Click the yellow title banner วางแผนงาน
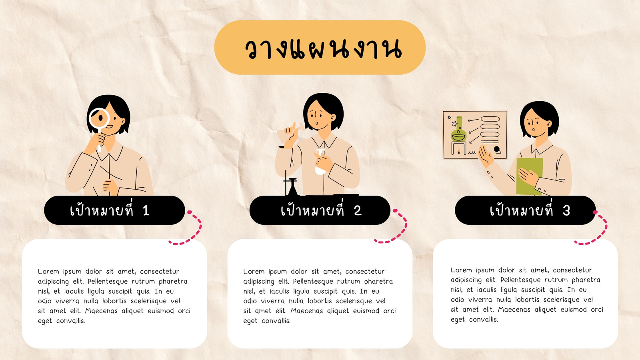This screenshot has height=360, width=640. tap(320, 48)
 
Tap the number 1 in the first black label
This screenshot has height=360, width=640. tap(146, 211)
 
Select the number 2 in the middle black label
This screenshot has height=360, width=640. tap(358, 211)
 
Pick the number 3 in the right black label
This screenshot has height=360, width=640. tap(566, 211)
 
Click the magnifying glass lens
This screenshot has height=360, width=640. tap(99, 118)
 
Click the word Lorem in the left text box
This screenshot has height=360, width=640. tap(48, 272)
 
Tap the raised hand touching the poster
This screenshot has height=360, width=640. tap(486, 156)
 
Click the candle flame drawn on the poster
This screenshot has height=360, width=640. tap(459, 151)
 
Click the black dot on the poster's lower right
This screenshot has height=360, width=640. tap(496, 149)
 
